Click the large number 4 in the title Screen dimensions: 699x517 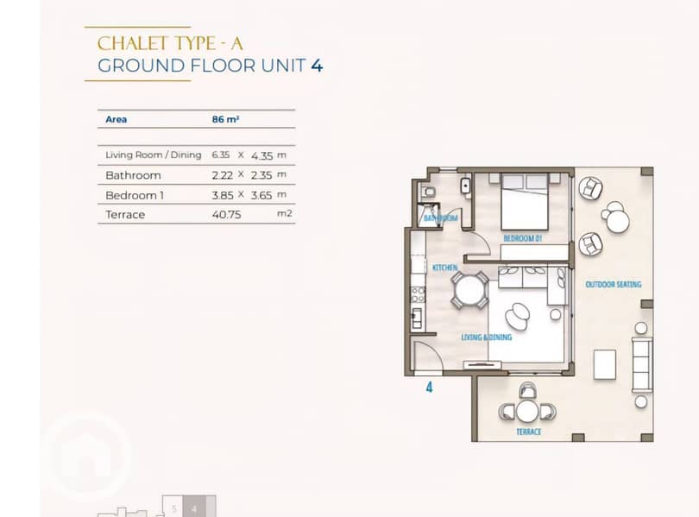[317, 66]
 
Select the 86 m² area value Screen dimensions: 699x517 [225, 119]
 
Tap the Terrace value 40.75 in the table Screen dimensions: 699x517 [226, 214]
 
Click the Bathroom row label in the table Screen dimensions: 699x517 [133, 175]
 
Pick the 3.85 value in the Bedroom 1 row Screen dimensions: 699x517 [222, 195]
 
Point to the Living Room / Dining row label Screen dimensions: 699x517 [154, 155]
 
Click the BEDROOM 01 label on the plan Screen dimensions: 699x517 [522, 238]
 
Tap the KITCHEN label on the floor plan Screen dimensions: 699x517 [445, 268]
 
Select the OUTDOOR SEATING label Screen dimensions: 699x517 [614, 284]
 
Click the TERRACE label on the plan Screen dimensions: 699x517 [529, 432]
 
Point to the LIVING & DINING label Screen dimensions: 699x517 [487, 337]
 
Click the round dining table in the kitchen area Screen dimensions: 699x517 [469, 291]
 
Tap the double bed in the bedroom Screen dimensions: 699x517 [525, 201]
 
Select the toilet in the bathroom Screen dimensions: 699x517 [428, 192]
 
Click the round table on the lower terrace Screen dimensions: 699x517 [527, 411]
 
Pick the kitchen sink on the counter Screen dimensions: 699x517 [417, 318]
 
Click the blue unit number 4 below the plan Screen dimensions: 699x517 [429, 387]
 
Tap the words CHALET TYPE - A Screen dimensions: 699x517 [170, 44]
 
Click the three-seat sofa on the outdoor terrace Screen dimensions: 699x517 [642, 364]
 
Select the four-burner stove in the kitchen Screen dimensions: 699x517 [418, 294]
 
